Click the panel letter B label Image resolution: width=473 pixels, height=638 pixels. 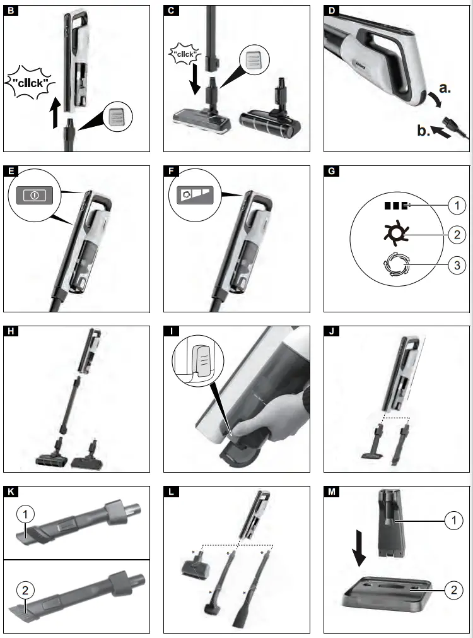(x=10, y=11)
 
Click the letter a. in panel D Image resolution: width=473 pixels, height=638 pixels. (x=444, y=89)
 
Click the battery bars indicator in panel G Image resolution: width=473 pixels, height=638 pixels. (x=396, y=205)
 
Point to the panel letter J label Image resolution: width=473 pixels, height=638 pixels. (x=330, y=331)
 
